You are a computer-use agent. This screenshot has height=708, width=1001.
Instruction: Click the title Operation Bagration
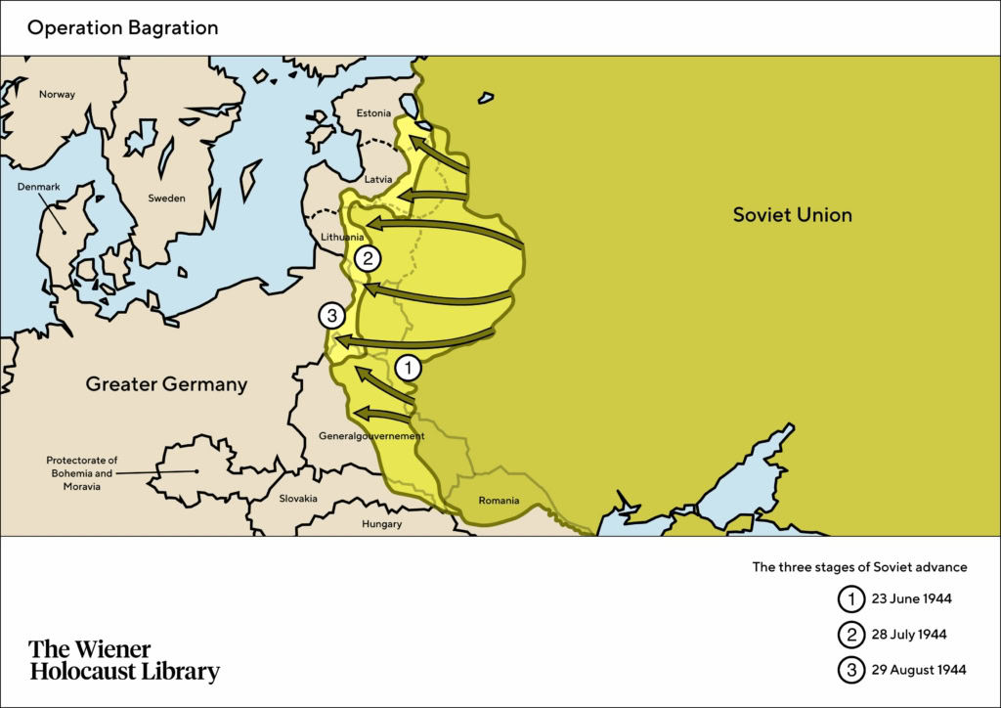[122, 27]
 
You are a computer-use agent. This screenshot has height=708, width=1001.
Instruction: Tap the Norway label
[57, 95]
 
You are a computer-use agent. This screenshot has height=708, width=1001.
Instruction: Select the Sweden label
[166, 199]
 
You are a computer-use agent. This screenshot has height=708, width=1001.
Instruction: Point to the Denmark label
[38, 186]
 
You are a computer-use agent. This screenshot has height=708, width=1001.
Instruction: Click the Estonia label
[373, 113]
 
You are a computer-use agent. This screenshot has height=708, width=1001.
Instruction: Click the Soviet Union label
[792, 215]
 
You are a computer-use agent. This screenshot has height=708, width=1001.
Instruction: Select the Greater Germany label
[166, 384]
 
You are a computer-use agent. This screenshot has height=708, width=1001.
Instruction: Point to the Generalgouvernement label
[371, 436]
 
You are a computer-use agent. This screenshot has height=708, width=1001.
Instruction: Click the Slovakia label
[298, 499]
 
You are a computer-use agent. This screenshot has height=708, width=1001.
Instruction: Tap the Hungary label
[381, 524]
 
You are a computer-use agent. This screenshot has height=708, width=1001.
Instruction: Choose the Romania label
[499, 502]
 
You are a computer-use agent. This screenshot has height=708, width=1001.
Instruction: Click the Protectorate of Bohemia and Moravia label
[82, 473]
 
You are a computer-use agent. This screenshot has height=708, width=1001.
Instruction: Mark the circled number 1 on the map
[408, 368]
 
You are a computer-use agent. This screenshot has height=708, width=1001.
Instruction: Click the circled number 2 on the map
[368, 259]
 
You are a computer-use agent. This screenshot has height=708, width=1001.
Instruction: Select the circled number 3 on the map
[332, 316]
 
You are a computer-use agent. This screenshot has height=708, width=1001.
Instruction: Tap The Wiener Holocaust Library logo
[124, 661]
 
